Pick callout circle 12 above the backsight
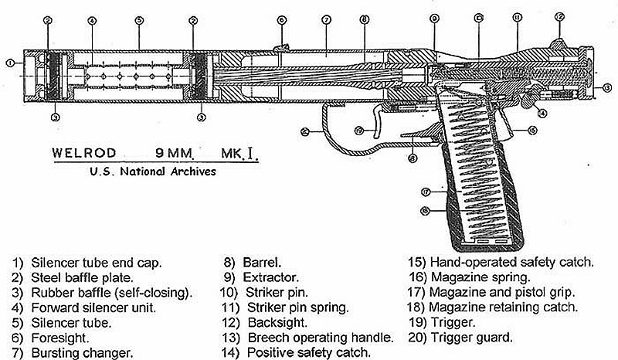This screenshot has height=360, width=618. (x=560, y=16)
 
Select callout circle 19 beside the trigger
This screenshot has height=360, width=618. (x=358, y=130)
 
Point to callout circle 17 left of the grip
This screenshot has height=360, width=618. (x=426, y=191)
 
